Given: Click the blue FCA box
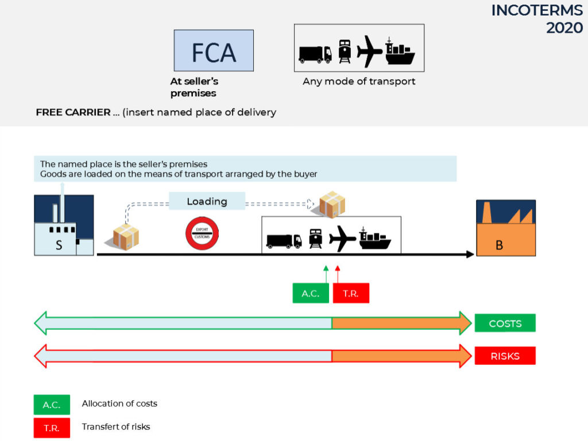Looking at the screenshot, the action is coord(214,50).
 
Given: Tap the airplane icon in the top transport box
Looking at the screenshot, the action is coord(369,51).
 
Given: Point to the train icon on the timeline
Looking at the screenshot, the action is coord(316,239).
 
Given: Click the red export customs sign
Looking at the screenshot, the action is coord(202,233).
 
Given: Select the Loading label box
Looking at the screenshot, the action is coord(207,201).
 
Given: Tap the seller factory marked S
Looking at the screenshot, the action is coord(64,225).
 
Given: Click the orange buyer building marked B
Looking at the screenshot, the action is coord(506,228).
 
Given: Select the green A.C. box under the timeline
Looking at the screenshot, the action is coord(311,293).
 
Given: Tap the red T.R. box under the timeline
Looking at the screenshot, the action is coord(351,293).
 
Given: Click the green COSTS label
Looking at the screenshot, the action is coord(505,323).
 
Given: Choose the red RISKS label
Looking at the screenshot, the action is coord(505,356).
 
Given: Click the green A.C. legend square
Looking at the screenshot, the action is coord(52,405).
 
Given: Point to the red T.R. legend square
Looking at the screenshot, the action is coord(52,428).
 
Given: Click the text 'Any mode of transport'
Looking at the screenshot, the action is coord(359,81).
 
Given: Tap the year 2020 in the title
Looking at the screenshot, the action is coord(564,28).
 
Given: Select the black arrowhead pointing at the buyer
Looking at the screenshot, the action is coord(470,255).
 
